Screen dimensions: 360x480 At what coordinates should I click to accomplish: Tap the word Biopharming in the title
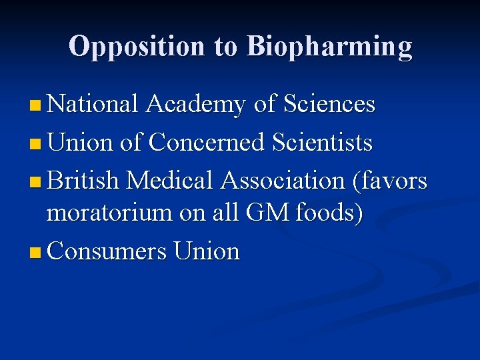329,47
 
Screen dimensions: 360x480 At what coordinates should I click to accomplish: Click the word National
93,104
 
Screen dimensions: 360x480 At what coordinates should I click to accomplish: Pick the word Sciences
329,104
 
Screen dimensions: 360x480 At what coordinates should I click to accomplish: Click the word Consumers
107,251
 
